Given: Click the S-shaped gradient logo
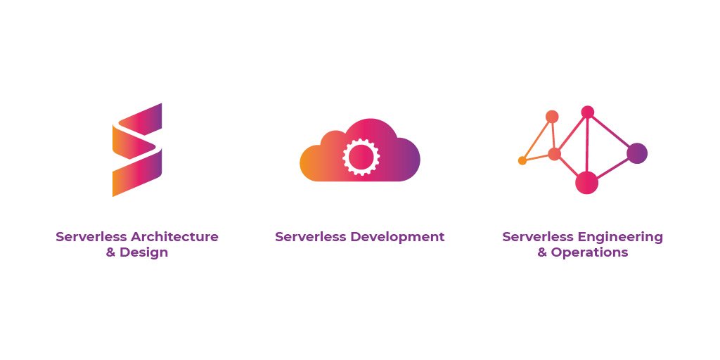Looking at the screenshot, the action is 137,149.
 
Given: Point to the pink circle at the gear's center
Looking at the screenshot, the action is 360,157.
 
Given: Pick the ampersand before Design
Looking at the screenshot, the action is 111,252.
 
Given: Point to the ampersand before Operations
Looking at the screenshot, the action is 542,252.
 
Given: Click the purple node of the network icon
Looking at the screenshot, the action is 637,153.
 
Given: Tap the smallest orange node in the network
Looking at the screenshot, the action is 522,160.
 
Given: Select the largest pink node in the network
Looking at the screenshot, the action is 586,183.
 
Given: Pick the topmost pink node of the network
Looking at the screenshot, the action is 588,112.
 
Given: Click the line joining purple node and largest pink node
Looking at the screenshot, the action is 612,167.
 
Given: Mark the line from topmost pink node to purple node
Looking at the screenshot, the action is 612,132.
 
